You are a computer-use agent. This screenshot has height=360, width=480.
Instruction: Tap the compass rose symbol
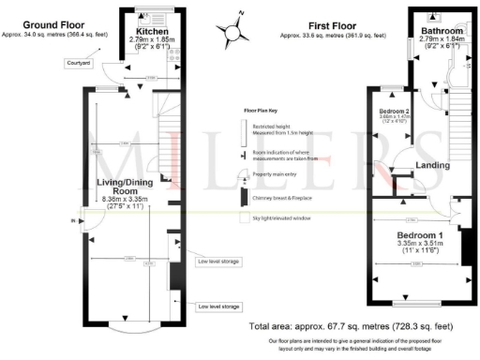click(232, 30)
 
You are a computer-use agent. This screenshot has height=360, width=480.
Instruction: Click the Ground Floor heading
click(52, 22)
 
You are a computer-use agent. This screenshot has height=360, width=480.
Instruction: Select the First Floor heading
click(331, 28)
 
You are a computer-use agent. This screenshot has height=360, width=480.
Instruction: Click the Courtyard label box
click(78, 63)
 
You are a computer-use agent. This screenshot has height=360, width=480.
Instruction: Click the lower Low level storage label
click(218, 307)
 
